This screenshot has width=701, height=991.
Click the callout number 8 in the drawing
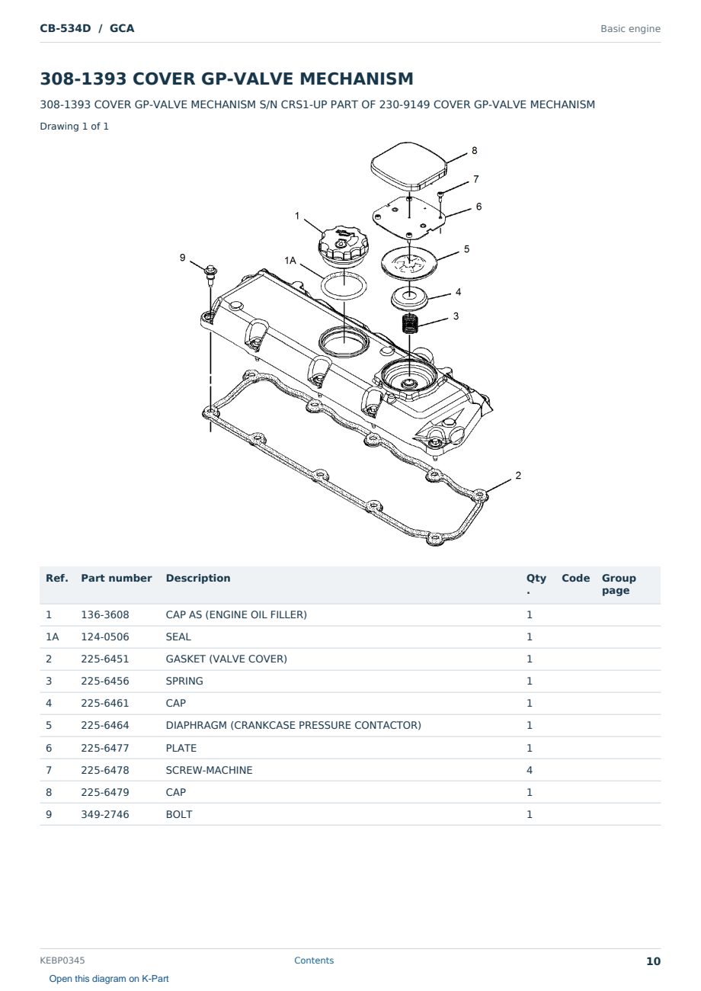coord(474,150)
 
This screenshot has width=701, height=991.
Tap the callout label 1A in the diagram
coord(290,261)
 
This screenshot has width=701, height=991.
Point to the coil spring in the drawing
coord(410,323)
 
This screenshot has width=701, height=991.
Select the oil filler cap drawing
coord(343,245)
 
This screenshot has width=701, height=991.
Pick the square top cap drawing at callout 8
coord(408,165)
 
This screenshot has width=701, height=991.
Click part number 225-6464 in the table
coord(105,725)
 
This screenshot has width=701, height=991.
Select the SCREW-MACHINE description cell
coord(209,770)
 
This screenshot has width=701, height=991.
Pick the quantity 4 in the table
coord(530,770)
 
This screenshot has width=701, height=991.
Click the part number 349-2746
coord(105,814)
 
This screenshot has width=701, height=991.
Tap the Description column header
coord(197,578)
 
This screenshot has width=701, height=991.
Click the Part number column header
coord(117,578)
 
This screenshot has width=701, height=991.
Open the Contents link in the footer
coord(314,961)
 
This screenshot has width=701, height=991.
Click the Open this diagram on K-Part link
coord(109,979)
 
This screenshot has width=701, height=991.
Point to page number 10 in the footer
coord(653,961)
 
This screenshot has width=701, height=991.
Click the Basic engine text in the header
coord(630,29)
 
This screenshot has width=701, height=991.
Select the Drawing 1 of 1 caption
coord(75,126)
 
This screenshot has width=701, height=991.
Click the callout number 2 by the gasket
coord(518,475)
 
